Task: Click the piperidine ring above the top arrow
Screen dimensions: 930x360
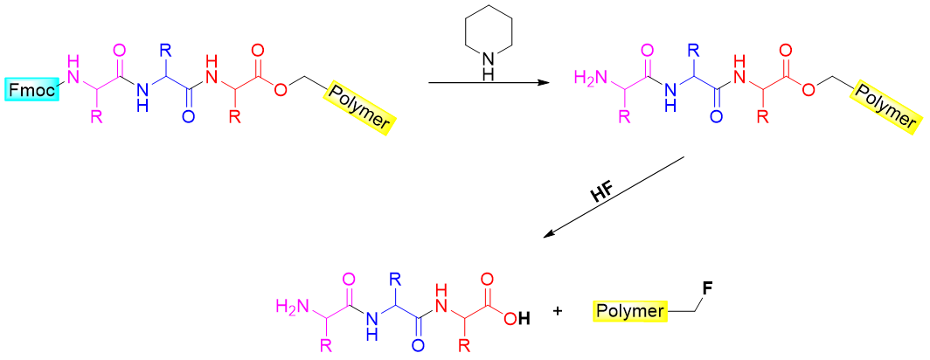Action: coord(488,42)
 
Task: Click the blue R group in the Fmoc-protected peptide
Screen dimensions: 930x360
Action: coord(163,51)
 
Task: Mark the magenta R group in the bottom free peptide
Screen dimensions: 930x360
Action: coord(328,344)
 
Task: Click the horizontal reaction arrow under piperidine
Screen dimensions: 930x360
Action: coord(489,84)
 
